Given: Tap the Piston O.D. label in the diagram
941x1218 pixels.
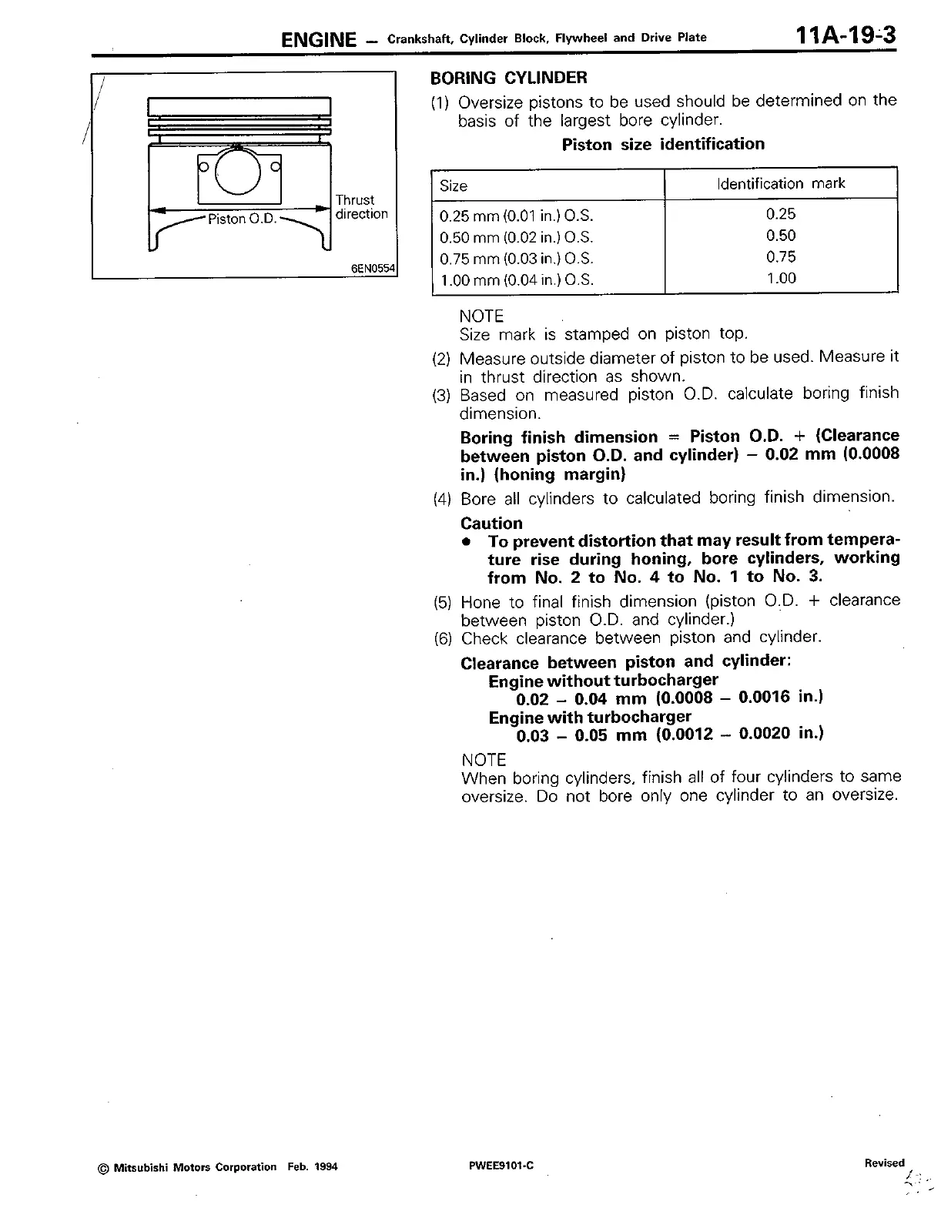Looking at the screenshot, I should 242,219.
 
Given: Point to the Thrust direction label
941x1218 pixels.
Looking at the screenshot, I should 361,207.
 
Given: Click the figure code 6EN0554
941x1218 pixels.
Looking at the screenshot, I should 373,269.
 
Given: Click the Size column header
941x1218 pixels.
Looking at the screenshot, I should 454,186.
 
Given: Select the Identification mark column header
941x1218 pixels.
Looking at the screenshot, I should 780,183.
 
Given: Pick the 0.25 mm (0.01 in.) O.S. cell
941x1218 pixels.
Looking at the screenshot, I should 516,216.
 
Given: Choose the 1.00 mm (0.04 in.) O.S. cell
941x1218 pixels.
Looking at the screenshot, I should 516,280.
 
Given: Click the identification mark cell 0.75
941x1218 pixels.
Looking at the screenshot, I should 781,257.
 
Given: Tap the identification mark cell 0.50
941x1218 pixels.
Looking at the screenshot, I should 781,236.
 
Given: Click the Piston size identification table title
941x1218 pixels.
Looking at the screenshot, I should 663,144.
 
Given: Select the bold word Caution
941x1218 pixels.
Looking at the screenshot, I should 491,523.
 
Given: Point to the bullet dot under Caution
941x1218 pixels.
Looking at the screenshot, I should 465,541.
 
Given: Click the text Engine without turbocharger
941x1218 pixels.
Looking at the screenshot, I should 603,681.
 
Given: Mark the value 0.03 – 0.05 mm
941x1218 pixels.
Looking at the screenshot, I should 581,735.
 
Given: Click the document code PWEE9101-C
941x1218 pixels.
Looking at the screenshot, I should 501,1166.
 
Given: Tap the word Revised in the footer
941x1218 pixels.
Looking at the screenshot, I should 885,1163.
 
